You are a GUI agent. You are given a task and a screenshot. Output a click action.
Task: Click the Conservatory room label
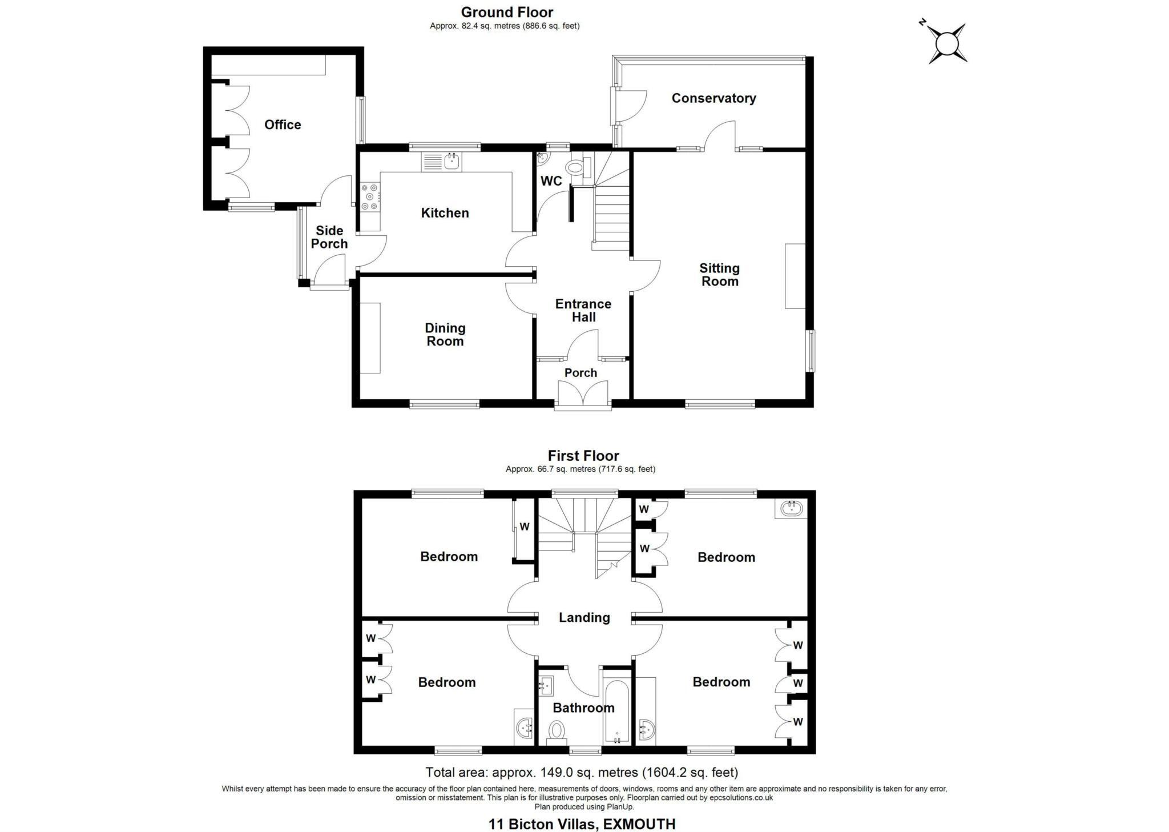click(713, 98)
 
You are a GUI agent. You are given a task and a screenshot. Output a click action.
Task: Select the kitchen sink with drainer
click(441, 162)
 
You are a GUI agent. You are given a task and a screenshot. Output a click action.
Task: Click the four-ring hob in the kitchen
click(369, 197)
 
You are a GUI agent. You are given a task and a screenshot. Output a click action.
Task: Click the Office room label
click(283, 124)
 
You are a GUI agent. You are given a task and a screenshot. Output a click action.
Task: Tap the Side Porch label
click(329, 237)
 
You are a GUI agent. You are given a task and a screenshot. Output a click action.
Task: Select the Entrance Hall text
click(583, 311)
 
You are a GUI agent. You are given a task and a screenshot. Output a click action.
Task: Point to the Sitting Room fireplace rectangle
click(795, 276)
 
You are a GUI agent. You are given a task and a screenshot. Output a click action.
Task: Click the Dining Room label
click(445, 335)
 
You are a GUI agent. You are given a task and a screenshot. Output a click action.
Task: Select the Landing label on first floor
click(584, 617)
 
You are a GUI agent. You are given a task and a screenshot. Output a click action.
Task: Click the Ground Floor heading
click(507, 12)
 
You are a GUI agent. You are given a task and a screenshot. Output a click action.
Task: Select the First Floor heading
click(583, 456)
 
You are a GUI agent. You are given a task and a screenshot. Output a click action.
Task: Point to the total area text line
click(582, 773)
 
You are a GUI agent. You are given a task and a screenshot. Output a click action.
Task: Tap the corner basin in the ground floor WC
click(542, 158)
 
